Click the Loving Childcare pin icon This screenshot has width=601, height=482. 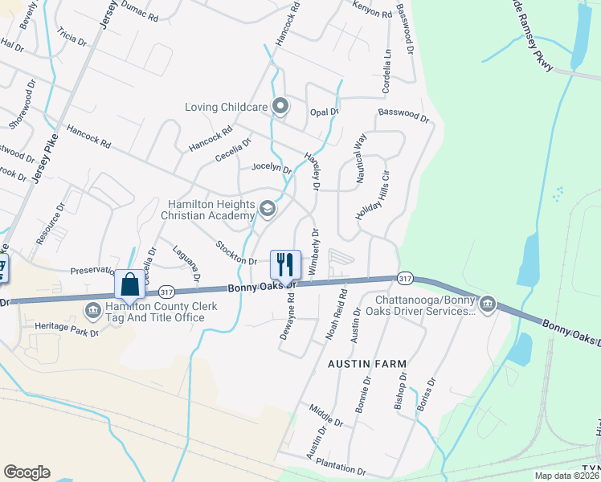(280, 106)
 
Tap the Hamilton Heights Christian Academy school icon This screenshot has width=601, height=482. (268, 210)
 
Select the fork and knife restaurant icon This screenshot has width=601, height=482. (284, 263)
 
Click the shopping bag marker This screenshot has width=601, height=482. (130, 284)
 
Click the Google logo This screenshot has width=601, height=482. (27, 472)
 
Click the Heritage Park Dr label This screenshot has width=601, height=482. (67, 328)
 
